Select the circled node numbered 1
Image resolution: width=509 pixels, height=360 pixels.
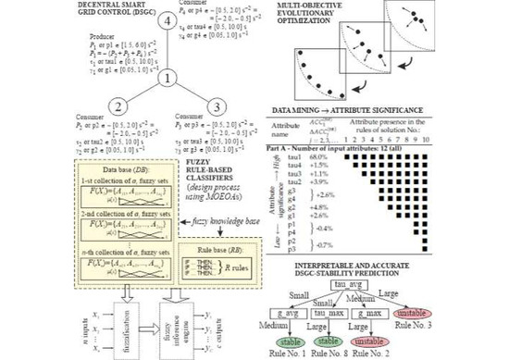point(166,79)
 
